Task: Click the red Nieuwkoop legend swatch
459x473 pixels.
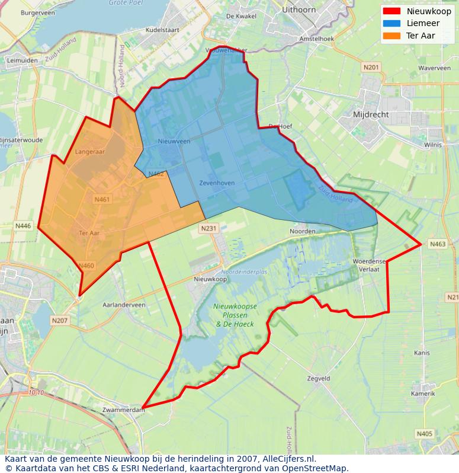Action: pyautogui.click(x=391, y=11)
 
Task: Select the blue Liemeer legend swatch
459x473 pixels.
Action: pyautogui.click(x=391, y=24)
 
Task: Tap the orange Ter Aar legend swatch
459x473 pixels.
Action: pyautogui.click(x=391, y=36)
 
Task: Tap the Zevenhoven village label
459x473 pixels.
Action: pyautogui.click(x=217, y=183)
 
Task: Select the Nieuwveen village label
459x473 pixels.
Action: pyautogui.click(x=174, y=142)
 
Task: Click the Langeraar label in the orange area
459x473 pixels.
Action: pyautogui.click(x=90, y=152)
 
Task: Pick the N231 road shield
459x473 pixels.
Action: pyautogui.click(x=209, y=228)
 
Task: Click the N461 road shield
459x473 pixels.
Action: pyautogui.click(x=102, y=200)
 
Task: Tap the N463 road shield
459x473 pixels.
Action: pyautogui.click(x=438, y=244)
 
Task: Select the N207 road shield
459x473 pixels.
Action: pyautogui.click(x=60, y=321)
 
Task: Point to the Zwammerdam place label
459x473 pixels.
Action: pyautogui.click(x=123, y=410)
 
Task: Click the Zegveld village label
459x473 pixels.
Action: pyautogui.click(x=319, y=378)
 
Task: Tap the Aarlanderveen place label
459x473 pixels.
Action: pyautogui.click(x=124, y=305)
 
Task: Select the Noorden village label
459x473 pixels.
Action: pyautogui.click(x=302, y=231)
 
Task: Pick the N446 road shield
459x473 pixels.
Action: pyautogui.click(x=23, y=226)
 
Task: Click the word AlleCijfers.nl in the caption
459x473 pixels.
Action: pyautogui.click(x=288, y=459)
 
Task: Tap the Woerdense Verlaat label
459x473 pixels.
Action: pyautogui.click(x=369, y=264)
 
